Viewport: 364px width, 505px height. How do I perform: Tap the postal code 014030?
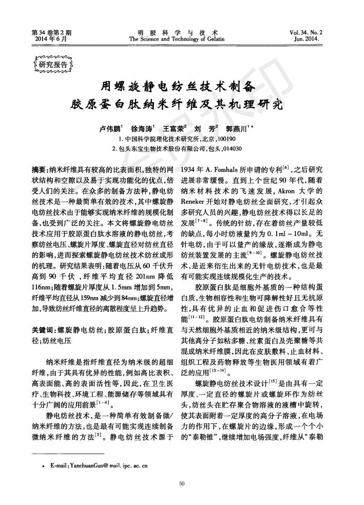[x=233, y=149]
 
